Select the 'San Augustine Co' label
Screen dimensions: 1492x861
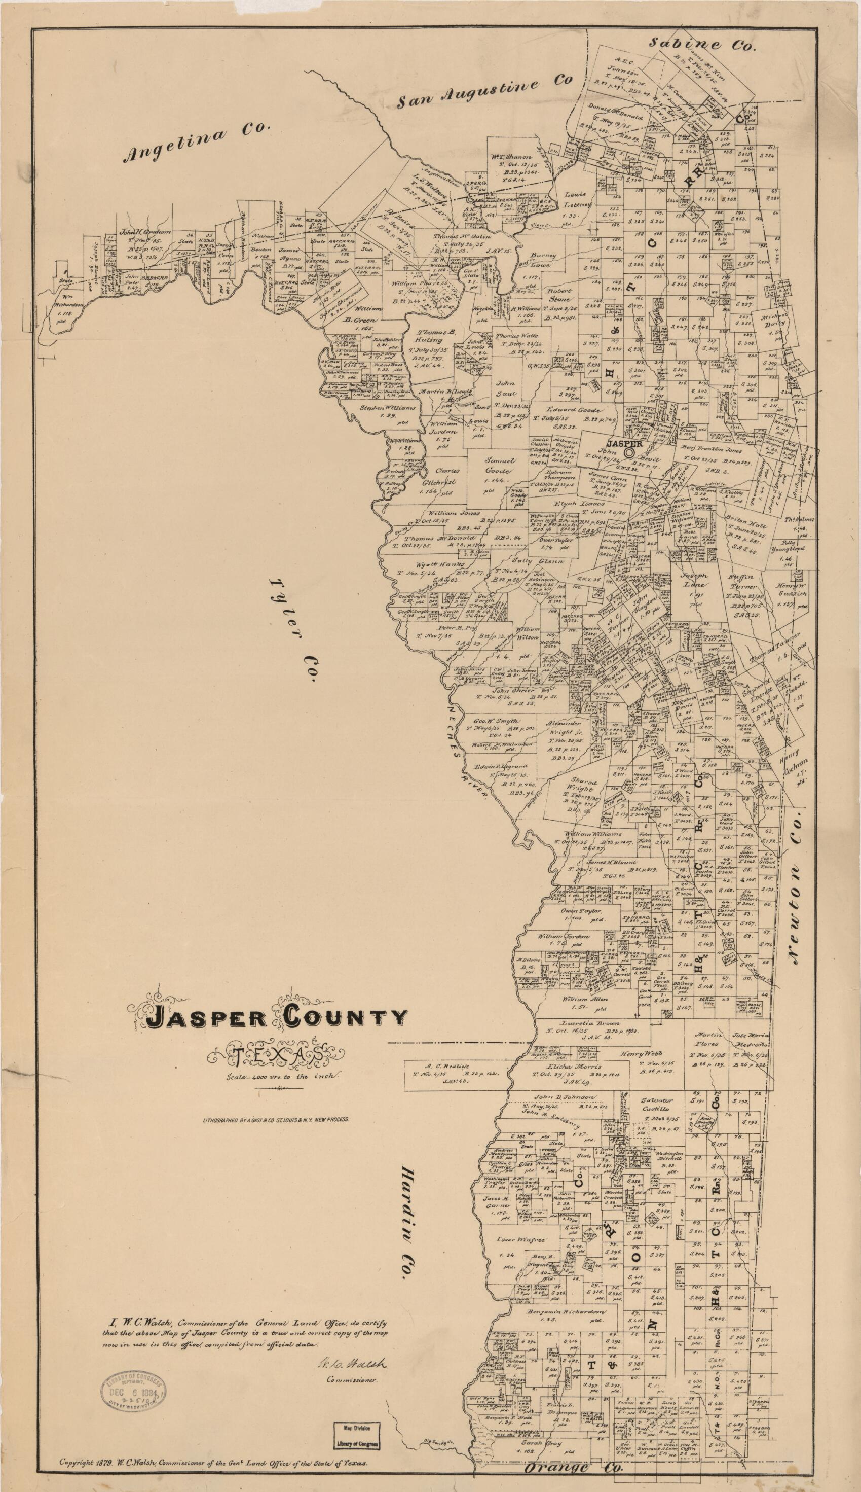[484, 92]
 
